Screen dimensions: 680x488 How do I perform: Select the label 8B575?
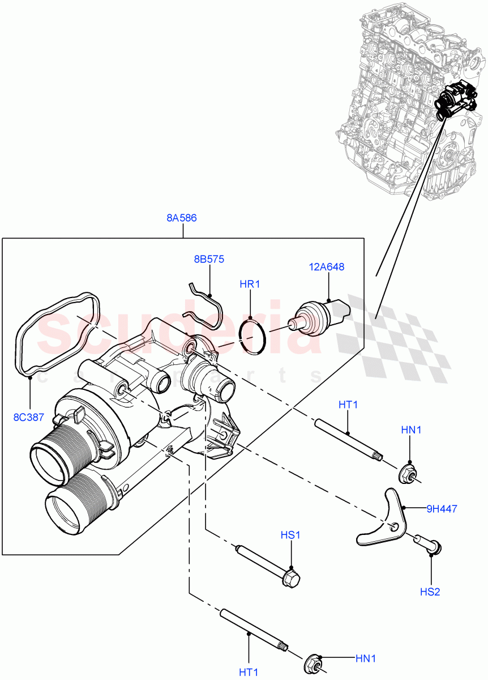pyautogui.click(x=209, y=260)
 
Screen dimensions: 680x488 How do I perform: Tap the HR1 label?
pyautogui.click(x=249, y=284)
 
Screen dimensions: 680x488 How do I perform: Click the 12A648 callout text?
pyautogui.click(x=327, y=266)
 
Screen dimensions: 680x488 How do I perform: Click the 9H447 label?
pyautogui.click(x=442, y=509)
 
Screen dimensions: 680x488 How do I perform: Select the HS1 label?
pyautogui.click(x=290, y=535)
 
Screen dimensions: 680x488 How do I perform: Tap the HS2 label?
pyautogui.click(x=430, y=592)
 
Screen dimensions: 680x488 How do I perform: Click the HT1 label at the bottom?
pyautogui.click(x=248, y=672)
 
